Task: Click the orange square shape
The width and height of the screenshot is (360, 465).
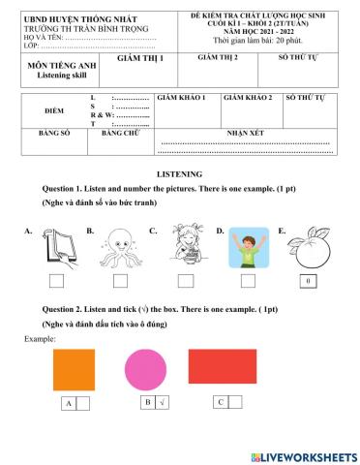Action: [73, 369]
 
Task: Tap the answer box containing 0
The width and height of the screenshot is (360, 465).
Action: [309, 281]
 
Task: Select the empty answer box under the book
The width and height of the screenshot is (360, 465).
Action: [56, 281]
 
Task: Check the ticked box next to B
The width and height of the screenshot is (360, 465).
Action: [163, 401]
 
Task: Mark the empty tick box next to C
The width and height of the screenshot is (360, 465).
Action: [237, 401]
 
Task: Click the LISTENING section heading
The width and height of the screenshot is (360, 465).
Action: [179, 172]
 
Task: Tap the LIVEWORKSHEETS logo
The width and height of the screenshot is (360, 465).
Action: [303, 455]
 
